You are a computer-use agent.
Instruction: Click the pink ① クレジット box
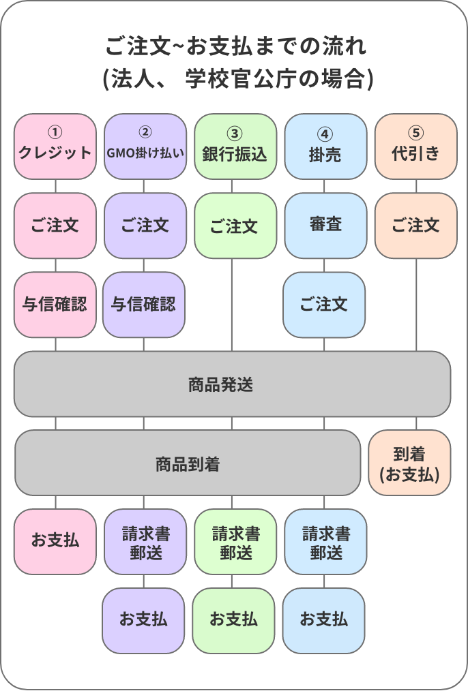[x=55, y=146]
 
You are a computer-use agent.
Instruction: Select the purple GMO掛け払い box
[x=145, y=146]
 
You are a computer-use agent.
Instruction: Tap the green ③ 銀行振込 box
[x=235, y=146]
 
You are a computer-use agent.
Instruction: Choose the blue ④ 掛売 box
[x=325, y=146]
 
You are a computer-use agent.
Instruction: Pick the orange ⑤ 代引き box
[x=415, y=146]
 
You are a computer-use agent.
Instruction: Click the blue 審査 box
[x=325, y=225]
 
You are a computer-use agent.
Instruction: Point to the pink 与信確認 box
[x=55, y=304]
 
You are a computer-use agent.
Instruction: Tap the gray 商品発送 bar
[x=232, y=384]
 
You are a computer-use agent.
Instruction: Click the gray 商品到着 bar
[x=187, y=463]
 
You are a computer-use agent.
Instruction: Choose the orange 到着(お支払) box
[x=409, y=463]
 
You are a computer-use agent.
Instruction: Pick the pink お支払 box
[x=55, y=541]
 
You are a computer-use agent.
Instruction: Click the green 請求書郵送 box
[x=235, y=541]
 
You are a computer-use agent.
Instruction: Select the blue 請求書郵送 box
[x=325, y=541]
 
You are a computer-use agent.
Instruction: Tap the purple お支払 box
[x=143, y=620]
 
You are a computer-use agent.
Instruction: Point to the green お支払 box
[x=233, y=620]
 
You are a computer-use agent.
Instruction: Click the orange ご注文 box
[x=415, y=225]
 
